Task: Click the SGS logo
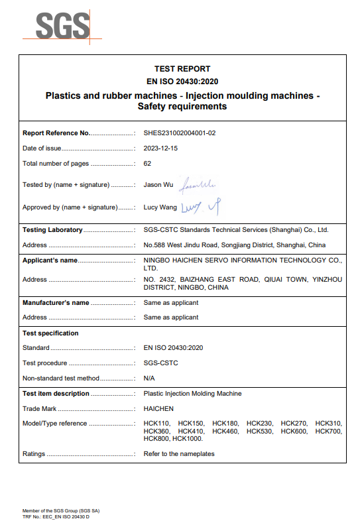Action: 62,26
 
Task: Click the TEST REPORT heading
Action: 182,69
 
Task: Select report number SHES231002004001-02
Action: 180,133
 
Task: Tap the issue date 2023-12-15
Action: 160,148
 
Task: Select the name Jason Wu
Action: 158,185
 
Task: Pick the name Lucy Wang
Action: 160,207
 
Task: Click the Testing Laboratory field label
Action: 52,230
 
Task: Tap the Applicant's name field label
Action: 50,261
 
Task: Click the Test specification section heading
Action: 50,333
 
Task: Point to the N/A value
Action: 149,378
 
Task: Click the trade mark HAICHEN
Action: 158,409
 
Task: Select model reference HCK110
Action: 157,424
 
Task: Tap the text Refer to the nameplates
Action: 179,454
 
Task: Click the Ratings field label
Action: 34,454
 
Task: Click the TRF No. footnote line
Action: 56,516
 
